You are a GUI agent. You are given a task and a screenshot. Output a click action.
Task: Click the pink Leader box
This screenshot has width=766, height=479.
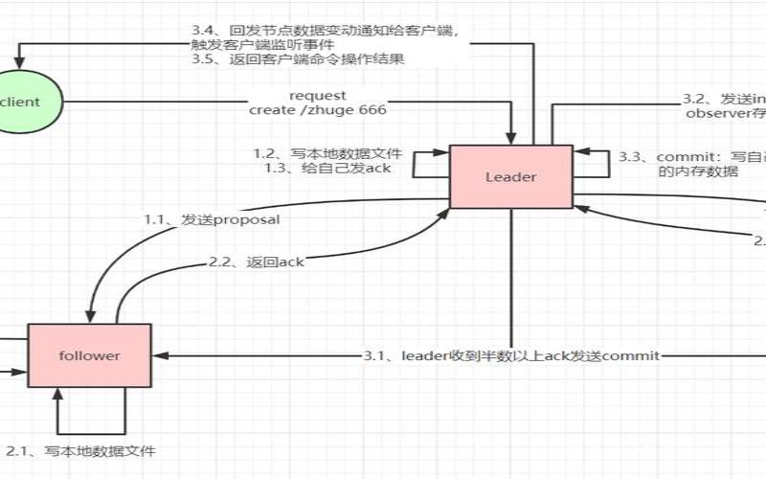coord(510,176)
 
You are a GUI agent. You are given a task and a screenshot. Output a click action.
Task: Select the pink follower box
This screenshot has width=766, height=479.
coord(89,355)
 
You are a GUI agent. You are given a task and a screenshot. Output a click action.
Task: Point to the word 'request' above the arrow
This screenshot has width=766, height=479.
coord(317,96)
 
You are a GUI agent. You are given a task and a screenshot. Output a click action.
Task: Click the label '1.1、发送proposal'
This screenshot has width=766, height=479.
coord(212,219)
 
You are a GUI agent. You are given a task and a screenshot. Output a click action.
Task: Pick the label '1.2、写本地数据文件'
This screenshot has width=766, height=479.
coord(328,153)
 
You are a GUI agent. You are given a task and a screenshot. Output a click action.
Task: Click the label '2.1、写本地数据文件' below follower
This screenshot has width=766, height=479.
coord(80,450)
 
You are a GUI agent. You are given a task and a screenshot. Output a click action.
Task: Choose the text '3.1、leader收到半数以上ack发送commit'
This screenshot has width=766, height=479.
coord(511,356)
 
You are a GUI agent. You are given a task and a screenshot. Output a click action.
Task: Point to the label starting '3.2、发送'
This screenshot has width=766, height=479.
coord(723,98)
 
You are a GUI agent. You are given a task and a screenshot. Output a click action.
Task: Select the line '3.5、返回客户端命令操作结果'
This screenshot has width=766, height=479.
coord(298,59)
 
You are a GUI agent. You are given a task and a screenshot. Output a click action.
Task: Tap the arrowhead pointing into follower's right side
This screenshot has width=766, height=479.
coord(157,355)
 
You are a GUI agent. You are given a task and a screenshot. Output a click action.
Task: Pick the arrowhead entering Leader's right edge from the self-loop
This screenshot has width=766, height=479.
coord(577,151)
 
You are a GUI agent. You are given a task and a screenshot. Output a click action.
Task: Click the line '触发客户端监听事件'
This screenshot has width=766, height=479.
coord(259,43)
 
